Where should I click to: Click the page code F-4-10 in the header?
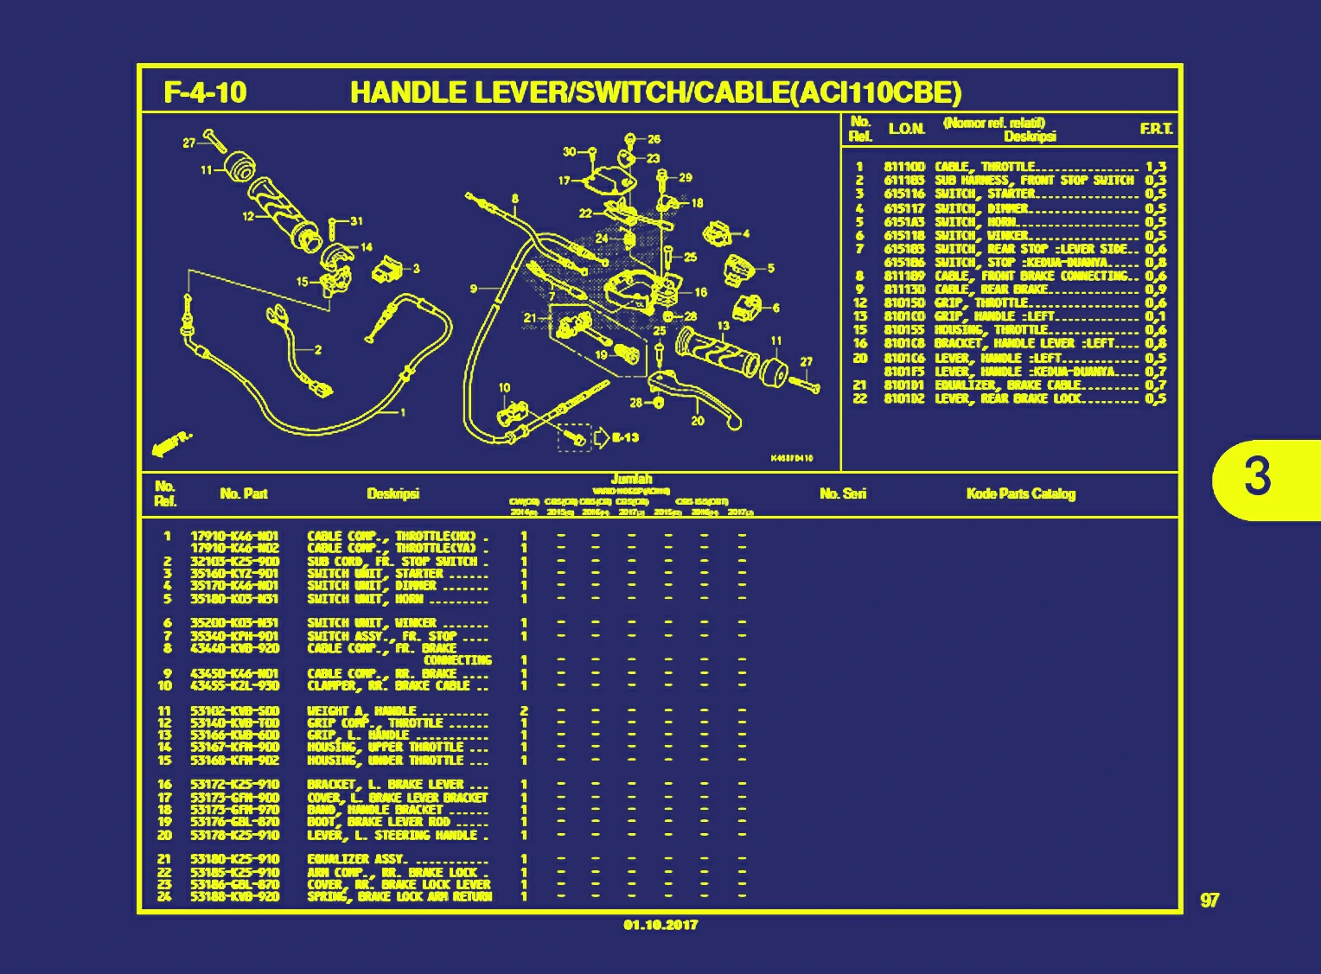tap(205, 92)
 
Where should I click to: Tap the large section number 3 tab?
tap(1258, 476)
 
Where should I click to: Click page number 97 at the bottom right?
tap(1209, 901)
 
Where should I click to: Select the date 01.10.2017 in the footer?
tap(660, 925)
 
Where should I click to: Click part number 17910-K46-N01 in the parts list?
tap(234, 536)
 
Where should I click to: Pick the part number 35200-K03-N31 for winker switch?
tap(234, 623)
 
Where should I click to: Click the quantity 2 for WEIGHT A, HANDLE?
tap(524, 711)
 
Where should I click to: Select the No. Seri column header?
tap(843, 493)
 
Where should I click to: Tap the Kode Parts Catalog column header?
tap(1020, 493)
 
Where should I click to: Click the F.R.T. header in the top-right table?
tap(1156, 129)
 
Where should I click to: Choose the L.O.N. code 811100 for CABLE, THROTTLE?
tap(904, 167)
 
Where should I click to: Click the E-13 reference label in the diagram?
tap(625, 437)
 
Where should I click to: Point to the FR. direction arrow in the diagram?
tap(172, 443)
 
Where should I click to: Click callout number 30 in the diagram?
tap(569, 152)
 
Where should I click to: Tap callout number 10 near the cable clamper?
tap(504, 388)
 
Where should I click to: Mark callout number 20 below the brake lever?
tap(697, 421)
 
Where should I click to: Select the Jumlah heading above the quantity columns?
tap(631, 479)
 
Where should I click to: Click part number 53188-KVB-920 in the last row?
tap(234, 896)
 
